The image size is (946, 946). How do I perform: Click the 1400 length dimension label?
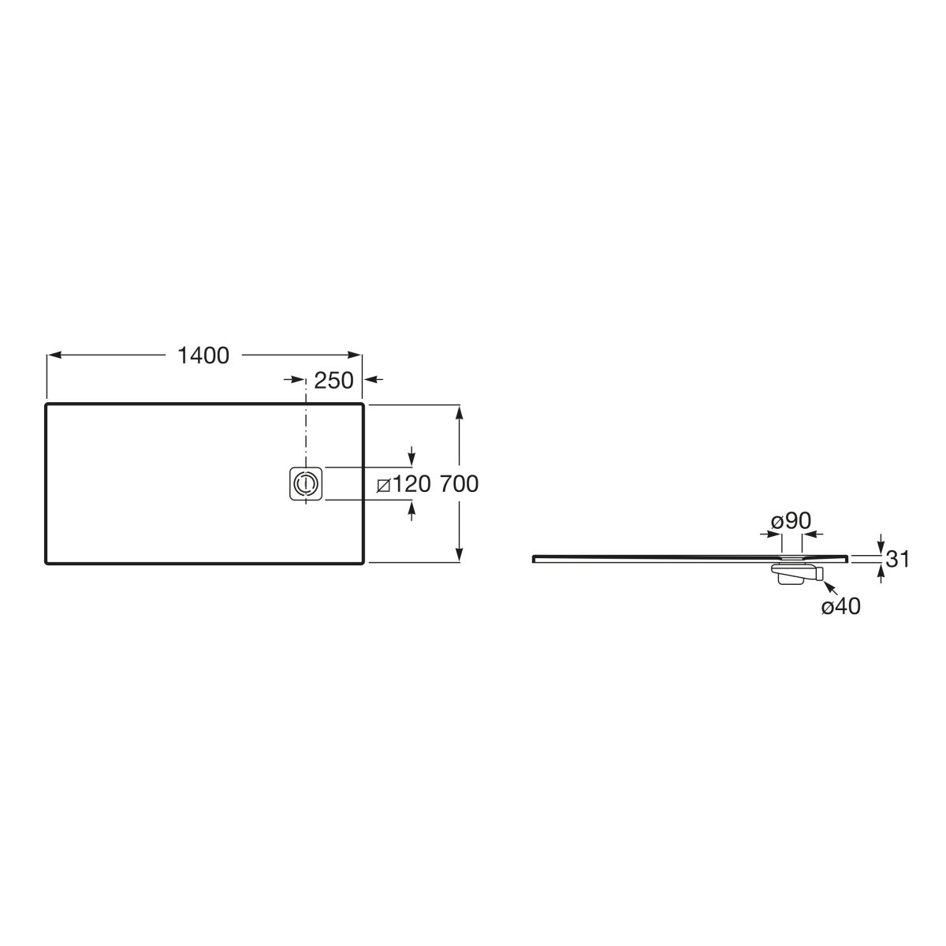click(203, 356)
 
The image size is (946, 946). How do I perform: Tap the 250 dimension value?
click(333, 381)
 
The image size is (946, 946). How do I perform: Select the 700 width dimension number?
click(459, 484)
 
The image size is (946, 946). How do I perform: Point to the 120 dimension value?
click(412, 484)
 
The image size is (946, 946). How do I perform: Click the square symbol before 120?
click(383, 486)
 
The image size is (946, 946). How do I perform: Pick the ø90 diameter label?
click(791, 521)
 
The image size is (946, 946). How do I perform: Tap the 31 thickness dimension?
click(897, 559)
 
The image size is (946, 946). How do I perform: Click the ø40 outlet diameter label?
click(840, 607)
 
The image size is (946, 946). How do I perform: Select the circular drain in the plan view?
click(305, 484)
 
